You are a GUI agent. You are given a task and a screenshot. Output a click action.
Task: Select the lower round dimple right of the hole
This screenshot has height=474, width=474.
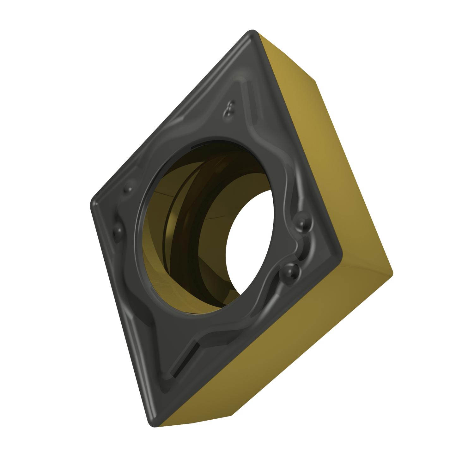291,271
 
